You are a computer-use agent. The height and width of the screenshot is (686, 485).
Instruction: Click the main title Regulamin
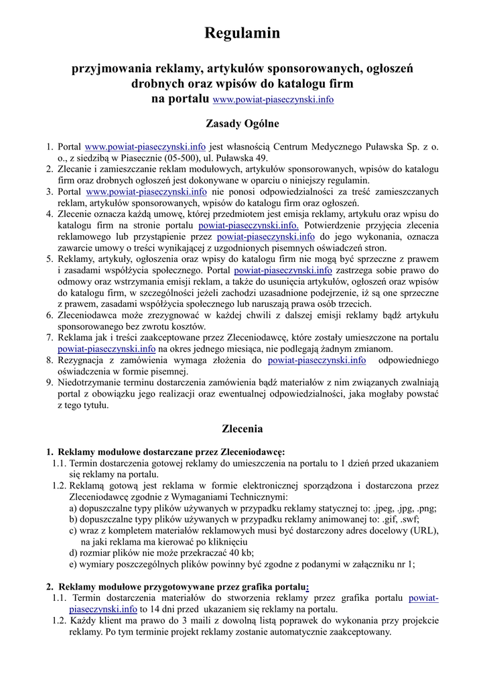242,33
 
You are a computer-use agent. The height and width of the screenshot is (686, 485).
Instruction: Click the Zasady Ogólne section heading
242,123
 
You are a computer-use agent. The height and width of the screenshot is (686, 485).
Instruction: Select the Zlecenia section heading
242,428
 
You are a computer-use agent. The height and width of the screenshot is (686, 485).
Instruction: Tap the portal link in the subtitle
273,100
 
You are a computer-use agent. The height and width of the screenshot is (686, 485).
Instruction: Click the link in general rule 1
145,146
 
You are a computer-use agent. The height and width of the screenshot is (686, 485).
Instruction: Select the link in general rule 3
145,192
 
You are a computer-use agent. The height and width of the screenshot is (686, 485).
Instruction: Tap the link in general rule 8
317,360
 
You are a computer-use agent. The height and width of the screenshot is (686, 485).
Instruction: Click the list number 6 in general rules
50,314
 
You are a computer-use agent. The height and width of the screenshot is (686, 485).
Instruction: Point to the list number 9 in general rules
50,383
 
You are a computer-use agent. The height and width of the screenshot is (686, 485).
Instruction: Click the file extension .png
425,508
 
